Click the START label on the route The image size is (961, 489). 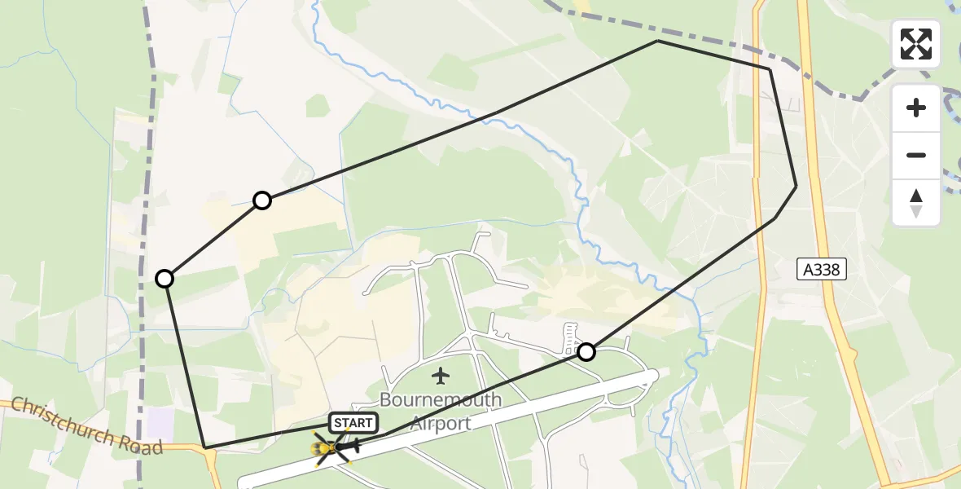[353, 423]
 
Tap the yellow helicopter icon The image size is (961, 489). [326, 447]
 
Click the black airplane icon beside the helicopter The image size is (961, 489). [350, 446]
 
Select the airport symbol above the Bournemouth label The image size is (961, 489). [441, 377]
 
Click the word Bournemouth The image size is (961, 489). [441, 401]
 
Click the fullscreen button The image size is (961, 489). [916, 44]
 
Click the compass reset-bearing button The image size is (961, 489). [916, 202]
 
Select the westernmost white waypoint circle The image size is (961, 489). [165, 279]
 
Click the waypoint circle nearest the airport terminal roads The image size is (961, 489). [586, 352]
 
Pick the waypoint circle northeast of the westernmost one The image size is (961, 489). [261, 200]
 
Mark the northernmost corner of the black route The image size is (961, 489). [657, 41]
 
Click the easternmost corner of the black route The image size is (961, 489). [796, 187]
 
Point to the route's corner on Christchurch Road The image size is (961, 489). [207, 447]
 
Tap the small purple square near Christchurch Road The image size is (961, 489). [161, 421]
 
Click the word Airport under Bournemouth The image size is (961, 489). [441, 424]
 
